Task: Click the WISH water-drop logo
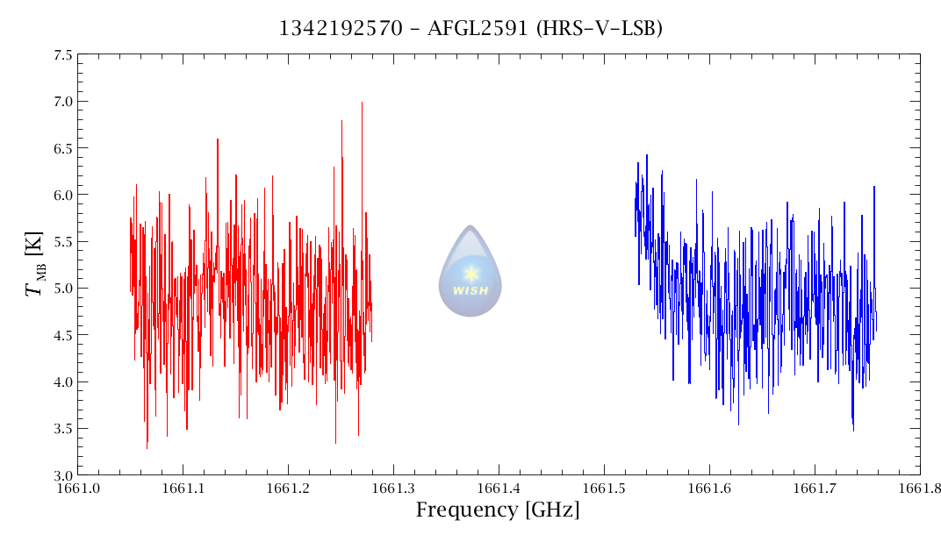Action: (470, 271)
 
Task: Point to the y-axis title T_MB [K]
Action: (36, 264)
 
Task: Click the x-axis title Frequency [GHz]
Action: (498, 510)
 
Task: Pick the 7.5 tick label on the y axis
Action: (62, 54)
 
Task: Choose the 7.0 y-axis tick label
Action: (62, 102)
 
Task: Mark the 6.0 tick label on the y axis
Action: (62, 195)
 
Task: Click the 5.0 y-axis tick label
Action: (62, 289)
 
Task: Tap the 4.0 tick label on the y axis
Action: (62, 382)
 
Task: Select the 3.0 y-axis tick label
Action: (62, 475)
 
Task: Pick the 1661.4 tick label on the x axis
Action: (499, 488)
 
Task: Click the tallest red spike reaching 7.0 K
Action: (362, 103)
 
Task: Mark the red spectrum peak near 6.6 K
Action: (217, 140)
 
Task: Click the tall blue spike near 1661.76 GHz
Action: (874, 188)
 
